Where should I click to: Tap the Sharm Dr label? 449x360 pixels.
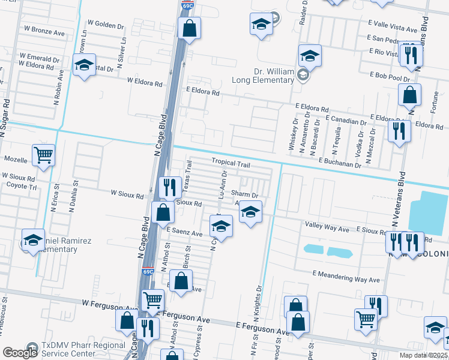244,195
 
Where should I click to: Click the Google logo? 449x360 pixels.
20,353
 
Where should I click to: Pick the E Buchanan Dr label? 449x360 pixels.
342,161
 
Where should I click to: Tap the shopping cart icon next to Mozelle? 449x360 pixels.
44,155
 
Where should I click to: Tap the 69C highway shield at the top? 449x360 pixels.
188,5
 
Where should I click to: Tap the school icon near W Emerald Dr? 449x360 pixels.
84,64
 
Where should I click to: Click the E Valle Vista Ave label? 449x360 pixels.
392,29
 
